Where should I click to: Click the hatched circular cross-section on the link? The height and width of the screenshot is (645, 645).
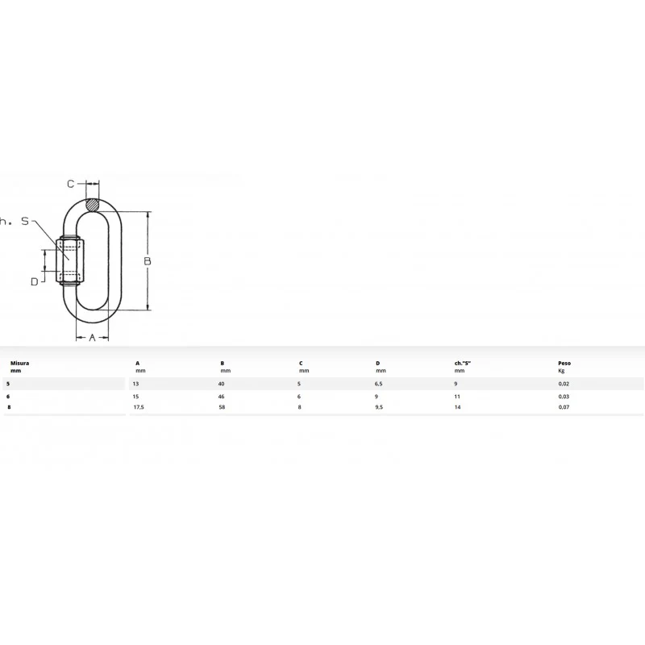(x=93, y=205)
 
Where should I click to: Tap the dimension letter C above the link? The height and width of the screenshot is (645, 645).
(x=71, y=184)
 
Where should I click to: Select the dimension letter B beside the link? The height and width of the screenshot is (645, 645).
(x=148, y=260)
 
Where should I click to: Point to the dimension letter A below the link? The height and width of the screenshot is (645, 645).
(x=92, y=338)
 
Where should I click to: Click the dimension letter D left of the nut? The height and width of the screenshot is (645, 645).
(x=35, y=281)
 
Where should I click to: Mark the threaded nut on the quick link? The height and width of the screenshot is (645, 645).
(x=70, y=260)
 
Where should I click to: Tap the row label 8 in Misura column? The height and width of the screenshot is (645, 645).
(x=9, y=407)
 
